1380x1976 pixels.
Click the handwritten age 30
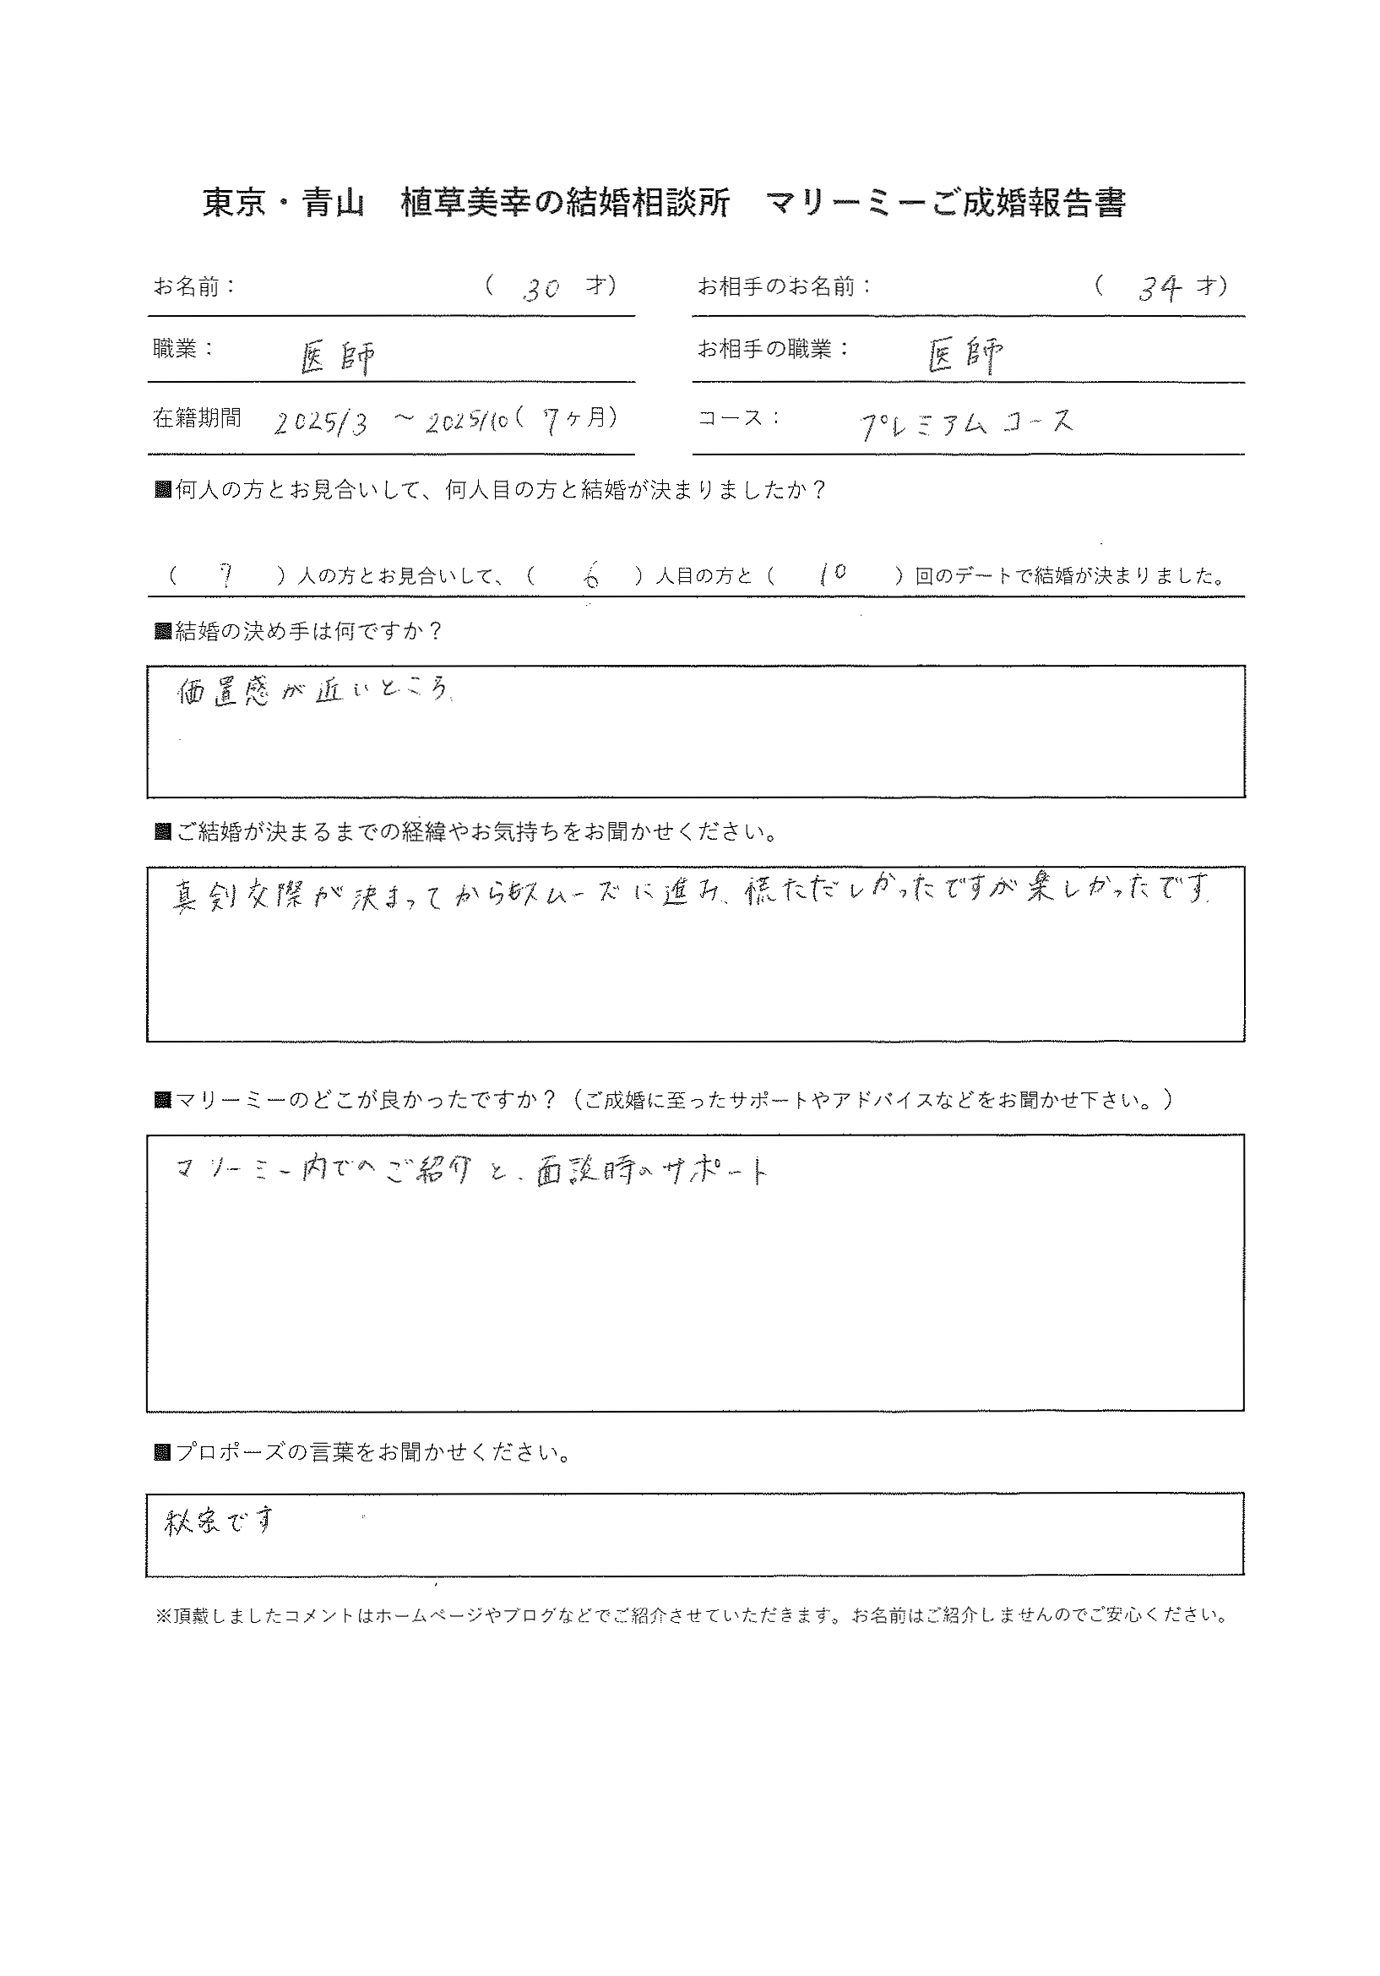pyautogui.click(x=541, y=289)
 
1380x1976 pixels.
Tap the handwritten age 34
pyautogui.click(x=1158, y=289)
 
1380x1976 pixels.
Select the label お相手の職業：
pyautogui.click(x=773, y=350)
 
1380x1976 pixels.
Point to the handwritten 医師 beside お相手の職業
pyautogui.click(x=965, y=355)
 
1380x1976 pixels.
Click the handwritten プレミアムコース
pyautogui.click(x=967, y=423)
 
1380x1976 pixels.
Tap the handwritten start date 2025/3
pyautogui.click(x=320, y=423)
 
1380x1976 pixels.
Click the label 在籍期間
pyautogui.click(x=197, y=418)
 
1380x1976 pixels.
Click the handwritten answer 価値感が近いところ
pyautogui.click(x=313, y=692)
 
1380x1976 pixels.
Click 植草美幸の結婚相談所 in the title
pyautogui.click(x=565, y=203)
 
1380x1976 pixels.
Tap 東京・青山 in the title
pyautogui.click(x=284, y=203)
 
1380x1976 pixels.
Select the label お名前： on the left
pyautogui.click(x=194, y=286)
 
